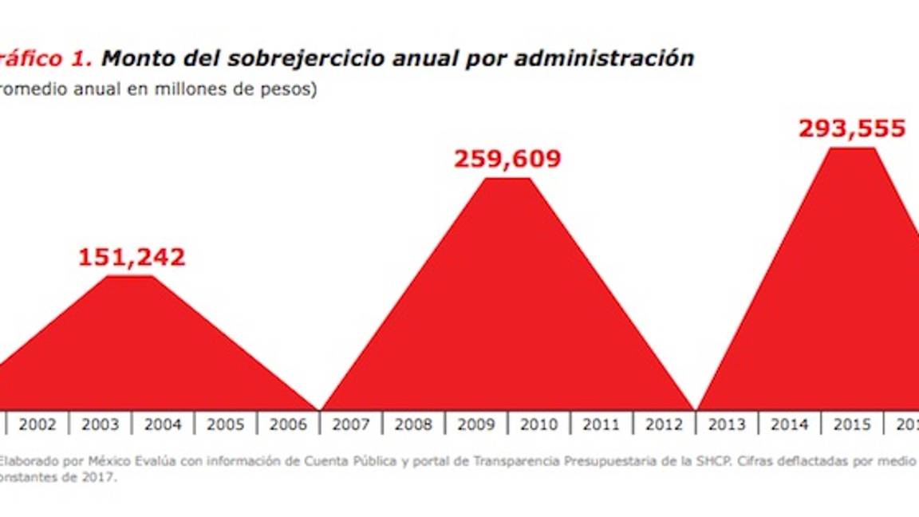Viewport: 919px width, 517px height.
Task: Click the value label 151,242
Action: point(132,257)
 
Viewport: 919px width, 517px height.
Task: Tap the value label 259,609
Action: point(507,159)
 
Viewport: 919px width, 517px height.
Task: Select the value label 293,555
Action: point(852,129)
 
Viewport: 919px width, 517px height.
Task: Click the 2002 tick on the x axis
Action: point(37,425)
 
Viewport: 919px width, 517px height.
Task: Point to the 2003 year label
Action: point(101,425)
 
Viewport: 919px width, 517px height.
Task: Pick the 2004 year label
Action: point(163,425)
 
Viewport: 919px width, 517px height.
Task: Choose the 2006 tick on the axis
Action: point(288,425)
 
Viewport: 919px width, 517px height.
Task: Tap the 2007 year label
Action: point(351,425)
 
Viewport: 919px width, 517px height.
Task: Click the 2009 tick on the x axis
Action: point(476,425)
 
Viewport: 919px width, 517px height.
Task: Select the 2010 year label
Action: point(539,425)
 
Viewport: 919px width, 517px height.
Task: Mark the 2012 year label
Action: point(665,425)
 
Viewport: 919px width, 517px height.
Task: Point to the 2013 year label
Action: point(727,425)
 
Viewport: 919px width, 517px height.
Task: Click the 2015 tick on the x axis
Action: point(852,425)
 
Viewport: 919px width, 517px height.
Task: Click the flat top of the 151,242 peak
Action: point(131,278)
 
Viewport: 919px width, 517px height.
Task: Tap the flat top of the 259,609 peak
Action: point(507,180)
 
